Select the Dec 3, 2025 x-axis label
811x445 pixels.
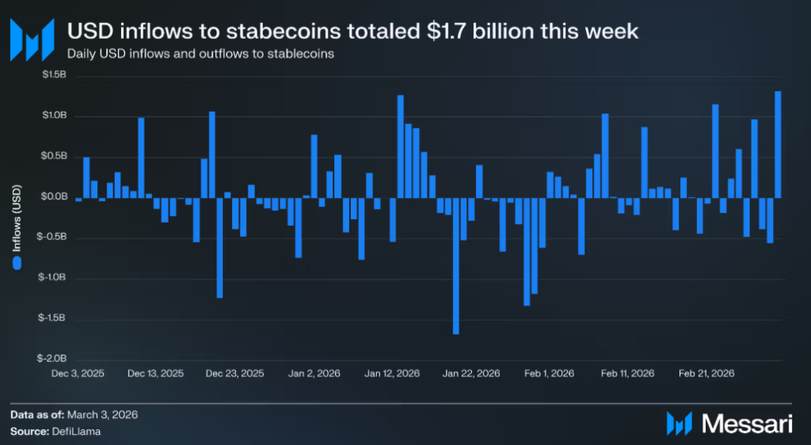(x=77, y=373)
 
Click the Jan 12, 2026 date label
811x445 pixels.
(x=392, y=373)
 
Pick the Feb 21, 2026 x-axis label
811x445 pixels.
(x=706, y=373)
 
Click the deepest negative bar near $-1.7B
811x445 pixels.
(x=455, y=265)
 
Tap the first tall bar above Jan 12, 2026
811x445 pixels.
(x=400, y=146)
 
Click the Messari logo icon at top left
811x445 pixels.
(x=32, y=38)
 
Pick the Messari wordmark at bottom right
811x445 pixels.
(x=748, y=424)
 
